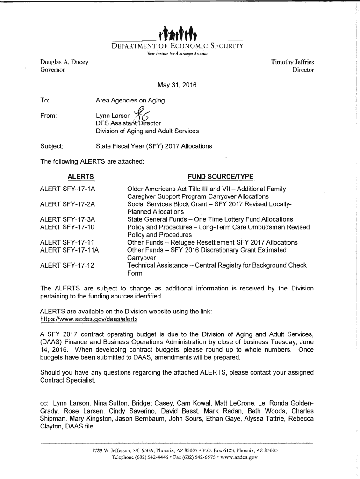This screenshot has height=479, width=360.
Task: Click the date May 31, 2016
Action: tap(177, 85)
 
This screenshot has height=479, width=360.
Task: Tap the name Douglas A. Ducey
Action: tap(64, 62)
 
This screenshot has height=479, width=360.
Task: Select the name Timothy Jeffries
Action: tap(292, 62)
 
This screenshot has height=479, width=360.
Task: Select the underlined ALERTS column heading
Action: tap(80, 177)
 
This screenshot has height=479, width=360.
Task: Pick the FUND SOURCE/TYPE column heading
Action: tap(220, 177)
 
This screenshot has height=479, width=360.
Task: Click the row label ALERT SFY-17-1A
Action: tap(67, 189)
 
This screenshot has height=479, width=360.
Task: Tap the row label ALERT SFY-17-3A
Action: tap(67, 219)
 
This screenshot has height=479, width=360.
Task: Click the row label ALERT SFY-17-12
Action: tap(67, 265)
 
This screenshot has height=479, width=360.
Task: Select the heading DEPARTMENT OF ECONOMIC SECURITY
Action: tap(177, 46)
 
